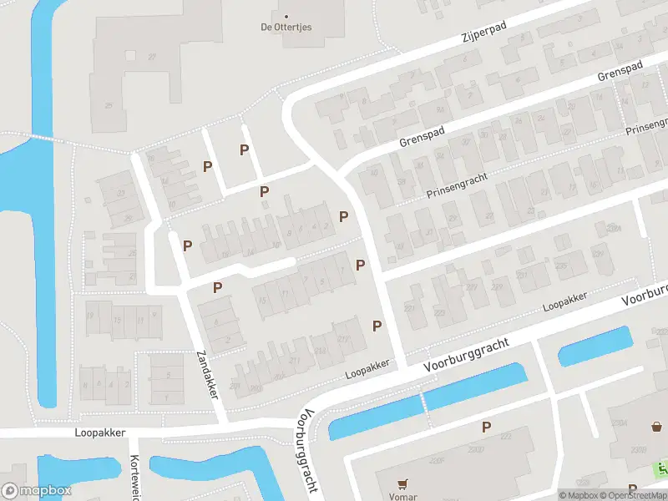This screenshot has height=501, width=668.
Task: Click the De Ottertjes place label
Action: (x=286, y=27)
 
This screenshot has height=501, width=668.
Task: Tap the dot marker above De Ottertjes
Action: (x=286, y=15)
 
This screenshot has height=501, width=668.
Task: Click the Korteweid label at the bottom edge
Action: (x=135, y=476)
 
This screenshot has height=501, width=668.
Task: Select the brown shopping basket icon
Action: (x=657, y=427)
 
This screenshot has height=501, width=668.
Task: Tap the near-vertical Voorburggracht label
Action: (x=309, y=451)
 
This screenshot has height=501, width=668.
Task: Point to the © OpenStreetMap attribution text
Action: (x=630, y=495)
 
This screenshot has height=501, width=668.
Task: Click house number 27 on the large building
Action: (x=152, y=56)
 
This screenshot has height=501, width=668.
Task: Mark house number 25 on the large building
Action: (x=109, y=106)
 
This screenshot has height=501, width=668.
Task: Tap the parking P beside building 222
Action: (x=486, y=427)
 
